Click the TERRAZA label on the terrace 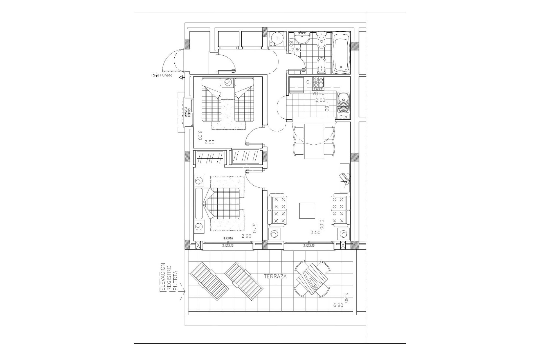point(275,276)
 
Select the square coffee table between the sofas point(307,210)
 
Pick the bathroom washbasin point(302,38)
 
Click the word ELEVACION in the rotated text point(163,277)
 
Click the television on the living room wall point(345,178)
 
